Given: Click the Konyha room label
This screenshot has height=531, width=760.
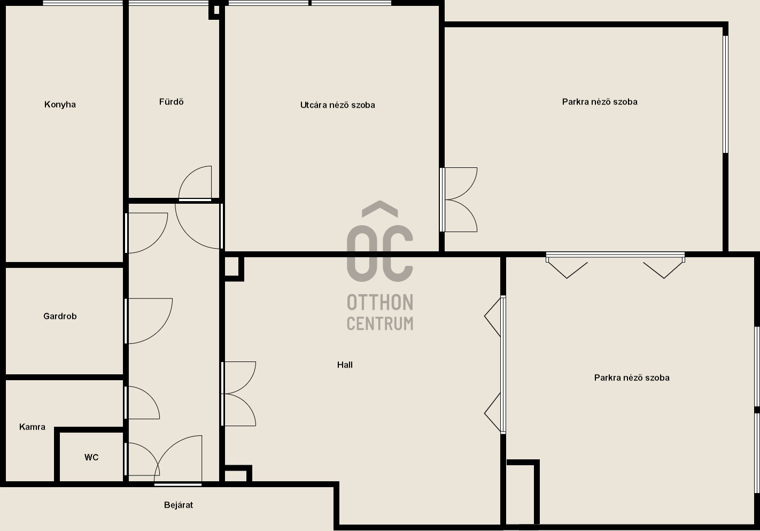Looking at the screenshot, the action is (x=60, y=104).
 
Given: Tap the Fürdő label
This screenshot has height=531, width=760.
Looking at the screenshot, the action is (x=172, y=102).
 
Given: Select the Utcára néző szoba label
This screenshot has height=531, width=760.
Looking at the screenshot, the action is (x=338, y=105).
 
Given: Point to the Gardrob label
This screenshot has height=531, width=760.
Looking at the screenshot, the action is (x=60, y=316).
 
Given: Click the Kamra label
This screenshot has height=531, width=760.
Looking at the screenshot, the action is (x=32, y=427).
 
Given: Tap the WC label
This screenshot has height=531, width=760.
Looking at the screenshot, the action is (x=91, y=457).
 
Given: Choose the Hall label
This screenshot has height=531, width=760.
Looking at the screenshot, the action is (x=345, y=365).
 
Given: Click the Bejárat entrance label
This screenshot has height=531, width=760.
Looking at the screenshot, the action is (x=179, y=505).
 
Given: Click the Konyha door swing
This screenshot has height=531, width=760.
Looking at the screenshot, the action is (x=156, y=241).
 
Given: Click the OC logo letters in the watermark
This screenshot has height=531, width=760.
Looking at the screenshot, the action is (x=380, y=253).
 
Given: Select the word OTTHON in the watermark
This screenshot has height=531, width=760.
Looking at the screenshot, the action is (x=380, y=302).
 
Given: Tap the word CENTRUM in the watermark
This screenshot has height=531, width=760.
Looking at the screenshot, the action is (x=380, y=323).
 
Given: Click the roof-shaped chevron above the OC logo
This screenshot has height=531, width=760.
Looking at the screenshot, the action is (x=380, y=209).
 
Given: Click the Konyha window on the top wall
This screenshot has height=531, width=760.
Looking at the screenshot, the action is (x=83, y=3).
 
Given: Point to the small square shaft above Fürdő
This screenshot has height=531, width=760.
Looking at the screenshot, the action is (x=214, y=11).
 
